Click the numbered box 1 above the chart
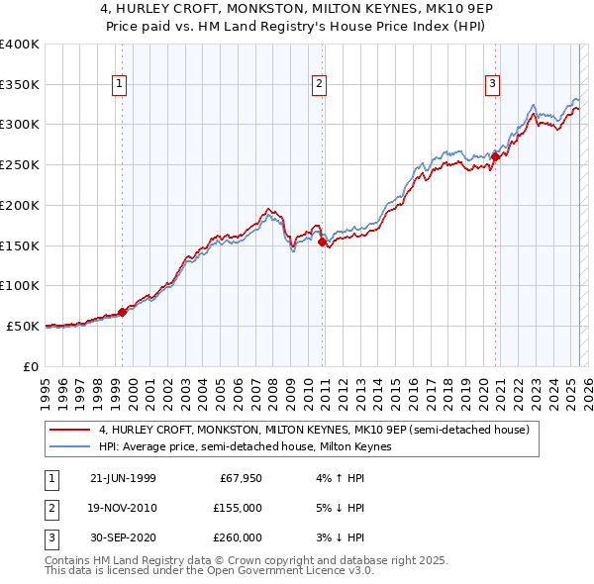click(x=119, y=85)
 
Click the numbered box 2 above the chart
click(x=320, y=85)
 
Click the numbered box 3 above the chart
click(x=492, y=85)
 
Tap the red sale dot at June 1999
click(x=123, y=312)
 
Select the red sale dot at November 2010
click(x=322, y=241)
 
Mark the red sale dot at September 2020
click(x=495, y=155)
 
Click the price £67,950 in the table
click(x=239, y=478)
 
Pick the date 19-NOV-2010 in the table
click(x=123, y=508)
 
